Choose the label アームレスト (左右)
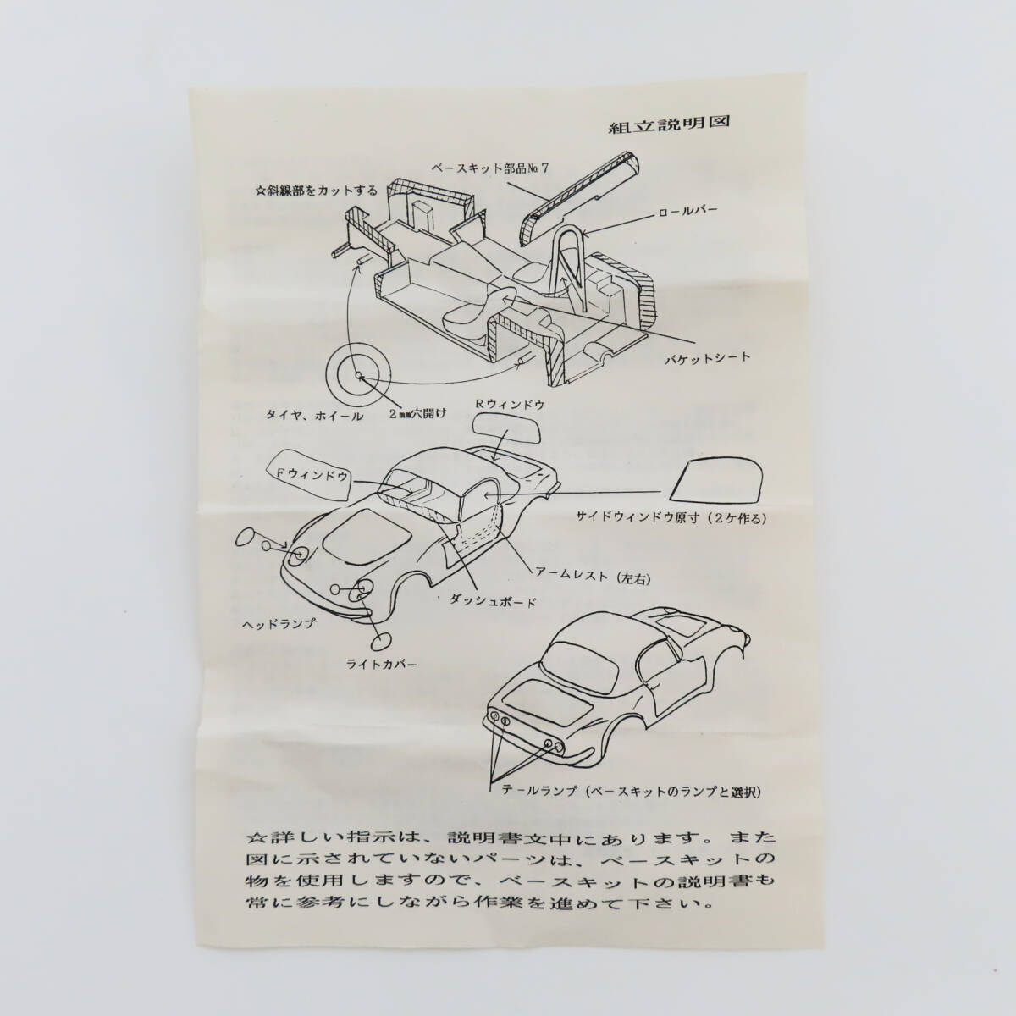point(586,577)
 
